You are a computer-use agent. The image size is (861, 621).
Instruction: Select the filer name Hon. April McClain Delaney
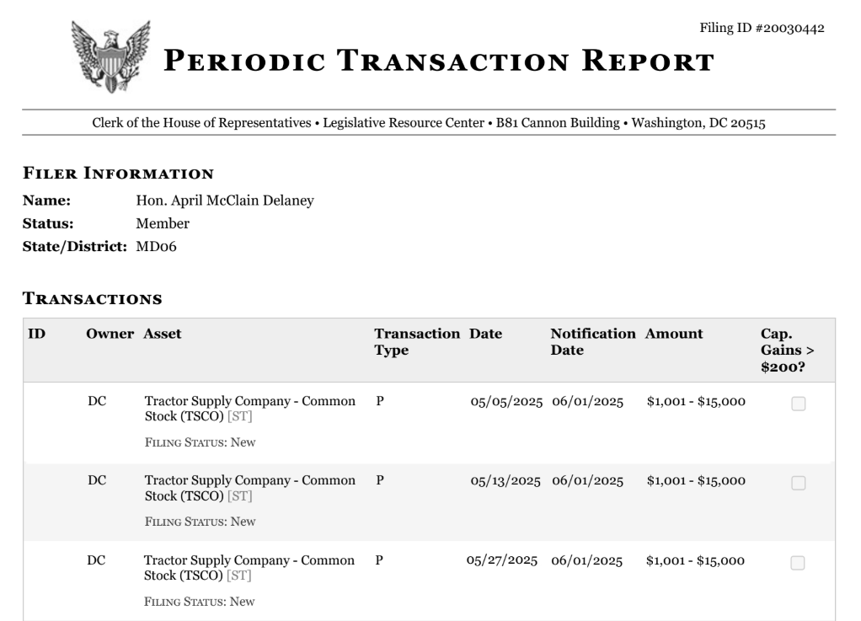(225, 201)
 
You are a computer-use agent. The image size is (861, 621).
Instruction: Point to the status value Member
(163, 223)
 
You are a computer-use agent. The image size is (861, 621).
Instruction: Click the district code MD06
(156, 246)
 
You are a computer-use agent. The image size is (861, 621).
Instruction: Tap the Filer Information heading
(117, 174)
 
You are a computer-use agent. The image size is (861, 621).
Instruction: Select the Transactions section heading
(92, 298)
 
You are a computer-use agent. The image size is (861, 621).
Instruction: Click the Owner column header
(110, 334)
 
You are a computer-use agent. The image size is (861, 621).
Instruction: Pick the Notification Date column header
(592, 341)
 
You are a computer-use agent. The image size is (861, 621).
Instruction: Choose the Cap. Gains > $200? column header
(781, 350)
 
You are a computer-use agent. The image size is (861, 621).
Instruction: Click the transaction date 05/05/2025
(506, 401)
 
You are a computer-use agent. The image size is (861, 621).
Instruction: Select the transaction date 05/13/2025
(505, 480)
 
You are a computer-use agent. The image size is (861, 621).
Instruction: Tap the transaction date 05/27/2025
(502, 560)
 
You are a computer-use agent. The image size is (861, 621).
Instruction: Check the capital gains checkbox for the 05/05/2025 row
(799, 404)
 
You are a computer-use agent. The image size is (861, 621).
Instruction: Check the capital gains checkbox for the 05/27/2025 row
(799, 563)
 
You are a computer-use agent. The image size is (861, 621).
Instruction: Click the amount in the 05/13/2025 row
(696, 480)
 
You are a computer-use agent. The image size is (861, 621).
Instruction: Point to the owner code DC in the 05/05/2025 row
(97, 401)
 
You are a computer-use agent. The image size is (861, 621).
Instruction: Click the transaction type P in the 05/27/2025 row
(380, 560)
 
